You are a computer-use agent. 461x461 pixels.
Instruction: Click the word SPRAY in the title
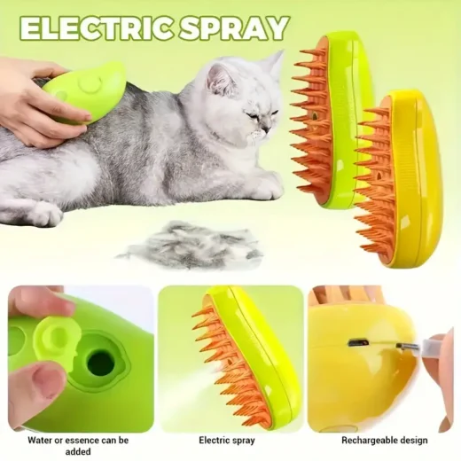click(x=234, y=29)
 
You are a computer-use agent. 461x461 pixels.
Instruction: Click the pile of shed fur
click(x=189, y=246)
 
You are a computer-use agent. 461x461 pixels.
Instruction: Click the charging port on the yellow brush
click(x=358, y=343)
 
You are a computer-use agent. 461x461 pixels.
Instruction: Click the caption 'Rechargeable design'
click(x=384, y=440)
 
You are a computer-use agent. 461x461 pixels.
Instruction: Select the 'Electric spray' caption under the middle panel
click(x=227, y=440)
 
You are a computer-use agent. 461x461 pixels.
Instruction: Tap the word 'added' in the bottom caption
click(x=78, y=452)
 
